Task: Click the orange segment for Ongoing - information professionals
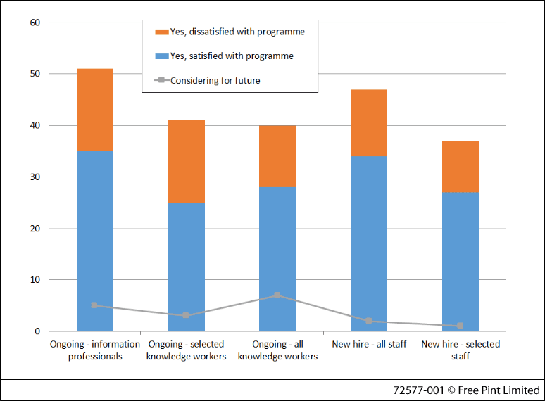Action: [x=95, y=110]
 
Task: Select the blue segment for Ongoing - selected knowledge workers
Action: [x=187, y=267]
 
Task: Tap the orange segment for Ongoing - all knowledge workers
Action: [x=277, y=156]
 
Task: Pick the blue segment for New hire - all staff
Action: [x=369, y=243]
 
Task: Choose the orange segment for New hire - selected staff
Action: [x=461, y=167]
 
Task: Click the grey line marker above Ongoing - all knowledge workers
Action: [x=277, y=295]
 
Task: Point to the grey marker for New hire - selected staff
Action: [x=460, y=326]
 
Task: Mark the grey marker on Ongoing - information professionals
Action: [x=94, y=305]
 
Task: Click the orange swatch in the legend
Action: [x=161, y=32]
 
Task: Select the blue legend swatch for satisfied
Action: [x=161, y=56]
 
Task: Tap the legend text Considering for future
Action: [x=215, y=81]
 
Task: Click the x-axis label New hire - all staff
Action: [x=369, y=344]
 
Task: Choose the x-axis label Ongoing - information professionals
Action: [x=95, y=350]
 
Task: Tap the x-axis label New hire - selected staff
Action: [x=461, y=350]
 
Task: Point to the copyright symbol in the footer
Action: [x=451, y=390]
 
